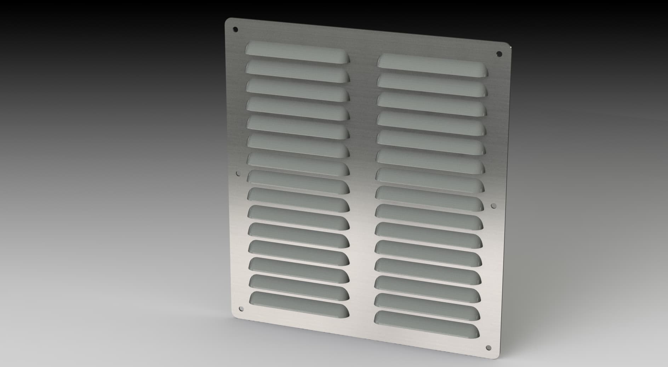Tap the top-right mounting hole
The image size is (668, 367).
(499, 54)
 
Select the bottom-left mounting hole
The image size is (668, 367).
(241, 309)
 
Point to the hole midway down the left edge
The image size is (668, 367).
(238, 173)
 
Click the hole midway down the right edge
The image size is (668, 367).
(493, 205)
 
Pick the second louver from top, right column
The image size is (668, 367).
(432, 85)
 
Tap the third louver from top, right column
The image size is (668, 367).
(432, 104)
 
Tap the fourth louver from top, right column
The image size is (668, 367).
(431, 123)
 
